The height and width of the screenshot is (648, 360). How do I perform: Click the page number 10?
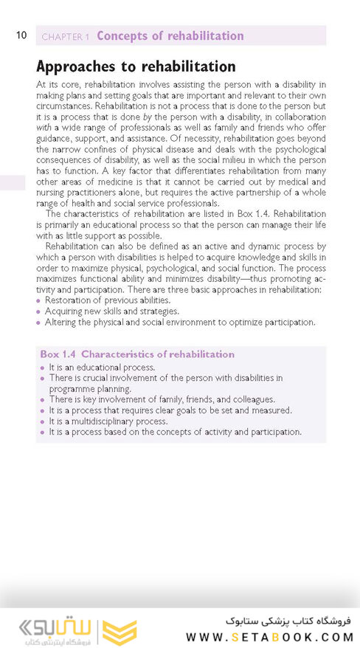pyautogui.click(x=21, y=35)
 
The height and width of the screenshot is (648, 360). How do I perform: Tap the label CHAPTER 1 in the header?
pyautogui.click(x=66, y=36)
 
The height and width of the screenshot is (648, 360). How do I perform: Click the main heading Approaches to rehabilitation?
pyautogui.click(x=136, y=66)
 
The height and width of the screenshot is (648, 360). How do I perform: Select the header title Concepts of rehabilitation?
pyautogui.click(x=170, y=35)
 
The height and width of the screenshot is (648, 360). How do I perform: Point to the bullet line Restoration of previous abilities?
pyautogui.click(x=107, y=301)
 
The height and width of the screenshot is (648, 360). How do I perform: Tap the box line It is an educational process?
pyautogui.click(x=102, y=368)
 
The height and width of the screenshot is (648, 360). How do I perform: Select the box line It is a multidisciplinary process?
pyautogui.click(x=108, y=421)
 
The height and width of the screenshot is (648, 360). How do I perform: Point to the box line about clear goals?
pyautogui.click(x=170, y=410)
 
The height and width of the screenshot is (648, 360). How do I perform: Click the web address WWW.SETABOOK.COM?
pyautogui.click(x=270, y=637)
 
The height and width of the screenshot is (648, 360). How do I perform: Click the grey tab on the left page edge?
pyautogui.click(x=12, y=183)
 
